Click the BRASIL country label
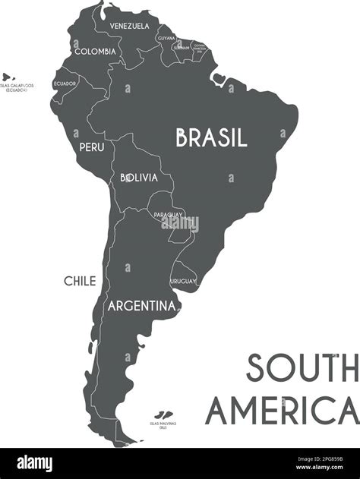coord(211,137)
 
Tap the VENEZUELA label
coord(129,26)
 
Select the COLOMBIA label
coord(95,52)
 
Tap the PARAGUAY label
coord(168,215)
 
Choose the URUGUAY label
coord(183,282)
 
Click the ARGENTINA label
coord(141,307)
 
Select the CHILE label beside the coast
coord(80,281)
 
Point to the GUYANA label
coord(166,37)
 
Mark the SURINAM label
coord(182,47)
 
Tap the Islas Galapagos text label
coord(17,88)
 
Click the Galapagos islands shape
coord(8,77)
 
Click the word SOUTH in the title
coord(302,369)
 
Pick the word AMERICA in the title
coord(282,411)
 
